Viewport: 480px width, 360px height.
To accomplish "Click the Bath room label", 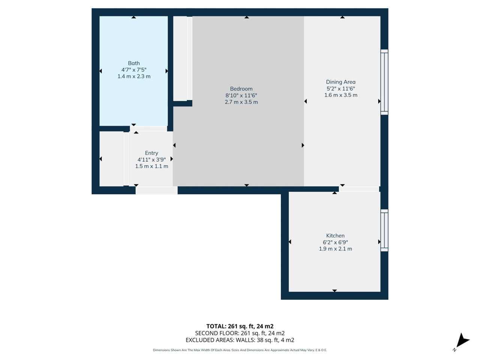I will (x=134, y=63).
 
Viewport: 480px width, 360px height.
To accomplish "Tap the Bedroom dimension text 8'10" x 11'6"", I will (x=241, y=96).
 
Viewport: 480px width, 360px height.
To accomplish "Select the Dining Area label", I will (x=340, y=82).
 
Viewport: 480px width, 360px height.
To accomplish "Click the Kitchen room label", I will (x=335, y=236).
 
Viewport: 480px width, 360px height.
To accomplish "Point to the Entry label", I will (x=151, y=153).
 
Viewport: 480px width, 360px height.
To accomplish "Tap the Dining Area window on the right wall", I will (x=384, y=82).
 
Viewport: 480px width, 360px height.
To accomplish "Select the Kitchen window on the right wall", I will (x=384, y=230).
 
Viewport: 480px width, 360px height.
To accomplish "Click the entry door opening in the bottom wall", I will (x=156, y=190).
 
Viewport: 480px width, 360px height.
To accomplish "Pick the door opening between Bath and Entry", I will (x=148, y=129).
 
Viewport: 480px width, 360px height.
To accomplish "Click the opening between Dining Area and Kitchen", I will (x=359, y=189).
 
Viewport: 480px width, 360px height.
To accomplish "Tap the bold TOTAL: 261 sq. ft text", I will (x=240, y=326).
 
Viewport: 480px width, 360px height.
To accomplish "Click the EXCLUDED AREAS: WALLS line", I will (x=240, y=340).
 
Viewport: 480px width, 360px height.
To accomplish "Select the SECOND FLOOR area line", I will (x=240, y=333).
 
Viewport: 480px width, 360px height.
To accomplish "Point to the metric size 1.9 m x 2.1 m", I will (x=335, y=249).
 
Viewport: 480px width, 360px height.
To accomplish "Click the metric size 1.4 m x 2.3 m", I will (x=134, y=76).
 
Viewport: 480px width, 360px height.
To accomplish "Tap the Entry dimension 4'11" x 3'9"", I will (x=151, y=159).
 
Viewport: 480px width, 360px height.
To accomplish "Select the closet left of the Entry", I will (x=111, y=159).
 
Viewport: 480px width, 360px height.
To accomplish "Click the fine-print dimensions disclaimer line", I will (x=240, y=350).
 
